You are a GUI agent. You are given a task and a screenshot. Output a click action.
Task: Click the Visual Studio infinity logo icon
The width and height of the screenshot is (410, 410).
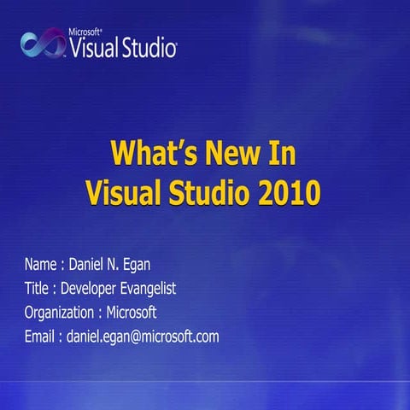pos(41,42)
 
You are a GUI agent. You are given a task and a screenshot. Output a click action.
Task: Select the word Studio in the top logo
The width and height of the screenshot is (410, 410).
pos(146,46)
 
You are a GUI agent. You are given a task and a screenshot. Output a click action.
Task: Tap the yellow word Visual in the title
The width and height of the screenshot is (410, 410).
pos(120,193)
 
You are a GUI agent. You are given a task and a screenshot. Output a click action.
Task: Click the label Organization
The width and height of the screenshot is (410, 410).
pos(59,313)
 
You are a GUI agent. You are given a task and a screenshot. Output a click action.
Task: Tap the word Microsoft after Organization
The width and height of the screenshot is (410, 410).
pos(132,313)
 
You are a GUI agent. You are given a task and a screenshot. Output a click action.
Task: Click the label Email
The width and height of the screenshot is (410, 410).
pos(39,337)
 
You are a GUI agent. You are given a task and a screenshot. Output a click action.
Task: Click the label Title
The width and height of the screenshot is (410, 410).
pos(37,289)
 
